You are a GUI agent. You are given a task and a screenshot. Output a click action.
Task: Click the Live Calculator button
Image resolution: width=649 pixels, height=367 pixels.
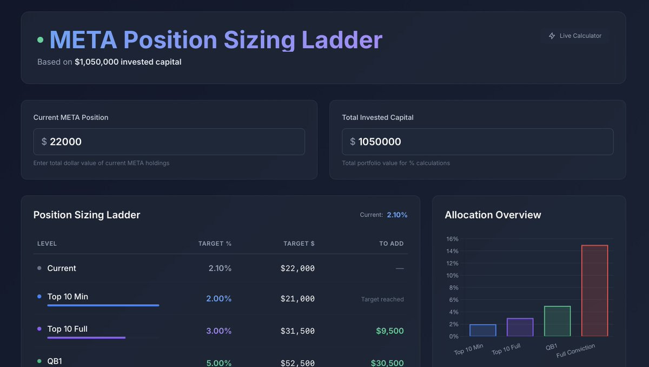click(575, 36)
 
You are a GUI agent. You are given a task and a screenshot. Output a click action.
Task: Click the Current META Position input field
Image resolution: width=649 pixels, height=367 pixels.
click(169, 142)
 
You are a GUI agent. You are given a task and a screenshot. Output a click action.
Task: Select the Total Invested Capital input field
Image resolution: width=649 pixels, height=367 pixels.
click(478, 142)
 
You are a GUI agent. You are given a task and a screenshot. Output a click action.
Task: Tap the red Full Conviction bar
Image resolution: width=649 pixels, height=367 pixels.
click(594, 291)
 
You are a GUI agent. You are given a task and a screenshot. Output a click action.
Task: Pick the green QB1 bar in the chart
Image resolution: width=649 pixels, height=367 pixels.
click(558, 321)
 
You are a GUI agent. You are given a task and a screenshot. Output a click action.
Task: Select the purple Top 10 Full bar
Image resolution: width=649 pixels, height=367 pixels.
click(520, 327)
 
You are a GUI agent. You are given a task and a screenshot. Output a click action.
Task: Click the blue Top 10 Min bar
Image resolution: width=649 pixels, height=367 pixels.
click(482, 330)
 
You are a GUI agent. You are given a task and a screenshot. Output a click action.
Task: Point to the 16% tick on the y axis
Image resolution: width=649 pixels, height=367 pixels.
click(452, 239)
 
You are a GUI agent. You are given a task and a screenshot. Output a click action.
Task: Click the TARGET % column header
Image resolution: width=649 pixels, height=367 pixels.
click(215, 244)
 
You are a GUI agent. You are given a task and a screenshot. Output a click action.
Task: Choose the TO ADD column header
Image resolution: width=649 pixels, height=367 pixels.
click(392, 244)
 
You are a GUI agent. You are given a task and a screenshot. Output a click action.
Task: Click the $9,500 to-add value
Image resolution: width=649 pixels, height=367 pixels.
click(390, 331)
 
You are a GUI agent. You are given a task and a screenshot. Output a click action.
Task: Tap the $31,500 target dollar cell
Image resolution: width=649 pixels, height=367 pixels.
click(297, 331)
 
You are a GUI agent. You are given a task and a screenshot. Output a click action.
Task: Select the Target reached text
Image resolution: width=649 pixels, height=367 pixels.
click(382, 299)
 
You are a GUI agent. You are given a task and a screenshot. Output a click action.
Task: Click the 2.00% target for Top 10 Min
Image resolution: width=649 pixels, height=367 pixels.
click(218, 299)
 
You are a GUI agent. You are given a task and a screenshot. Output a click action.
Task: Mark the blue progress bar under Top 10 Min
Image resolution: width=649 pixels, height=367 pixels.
click(103, 305)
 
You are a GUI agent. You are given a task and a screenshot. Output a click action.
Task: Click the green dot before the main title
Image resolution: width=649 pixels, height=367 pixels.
click(40, 39)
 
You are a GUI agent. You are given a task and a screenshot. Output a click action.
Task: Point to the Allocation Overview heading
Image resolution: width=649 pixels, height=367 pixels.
click(493, 215)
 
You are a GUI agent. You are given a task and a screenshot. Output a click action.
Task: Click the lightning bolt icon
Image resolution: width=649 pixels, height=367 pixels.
click(552, 36)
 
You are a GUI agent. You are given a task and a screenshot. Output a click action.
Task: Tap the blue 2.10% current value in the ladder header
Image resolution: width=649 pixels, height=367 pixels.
click(397, 215)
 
